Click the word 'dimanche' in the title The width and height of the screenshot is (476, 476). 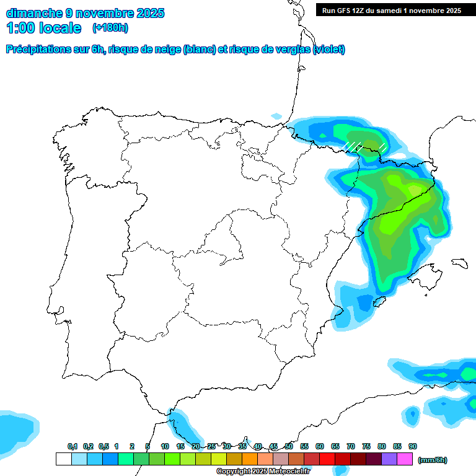[33, 12]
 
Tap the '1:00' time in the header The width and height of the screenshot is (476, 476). [21, 28]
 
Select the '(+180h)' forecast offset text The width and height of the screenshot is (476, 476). [110, 27]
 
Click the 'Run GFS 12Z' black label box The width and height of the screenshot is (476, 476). [391, 10]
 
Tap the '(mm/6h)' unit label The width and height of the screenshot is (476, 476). [432, 460]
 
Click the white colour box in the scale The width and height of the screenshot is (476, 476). [63, 459]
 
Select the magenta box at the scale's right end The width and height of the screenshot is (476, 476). [405, 459]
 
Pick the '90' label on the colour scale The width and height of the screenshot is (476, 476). [413, 446]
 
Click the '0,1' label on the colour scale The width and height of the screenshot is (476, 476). [72, 446]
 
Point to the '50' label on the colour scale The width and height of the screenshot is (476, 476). [289, 446]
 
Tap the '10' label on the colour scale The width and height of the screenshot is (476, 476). [165, 446]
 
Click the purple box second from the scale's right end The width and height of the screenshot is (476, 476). [389, 459]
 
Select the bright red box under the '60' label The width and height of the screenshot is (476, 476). [327, 459]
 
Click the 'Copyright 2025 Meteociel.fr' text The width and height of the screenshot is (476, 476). [263, 472]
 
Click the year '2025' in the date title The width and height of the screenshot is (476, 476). [146, 12]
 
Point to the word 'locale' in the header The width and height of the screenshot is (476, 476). [60, 28]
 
